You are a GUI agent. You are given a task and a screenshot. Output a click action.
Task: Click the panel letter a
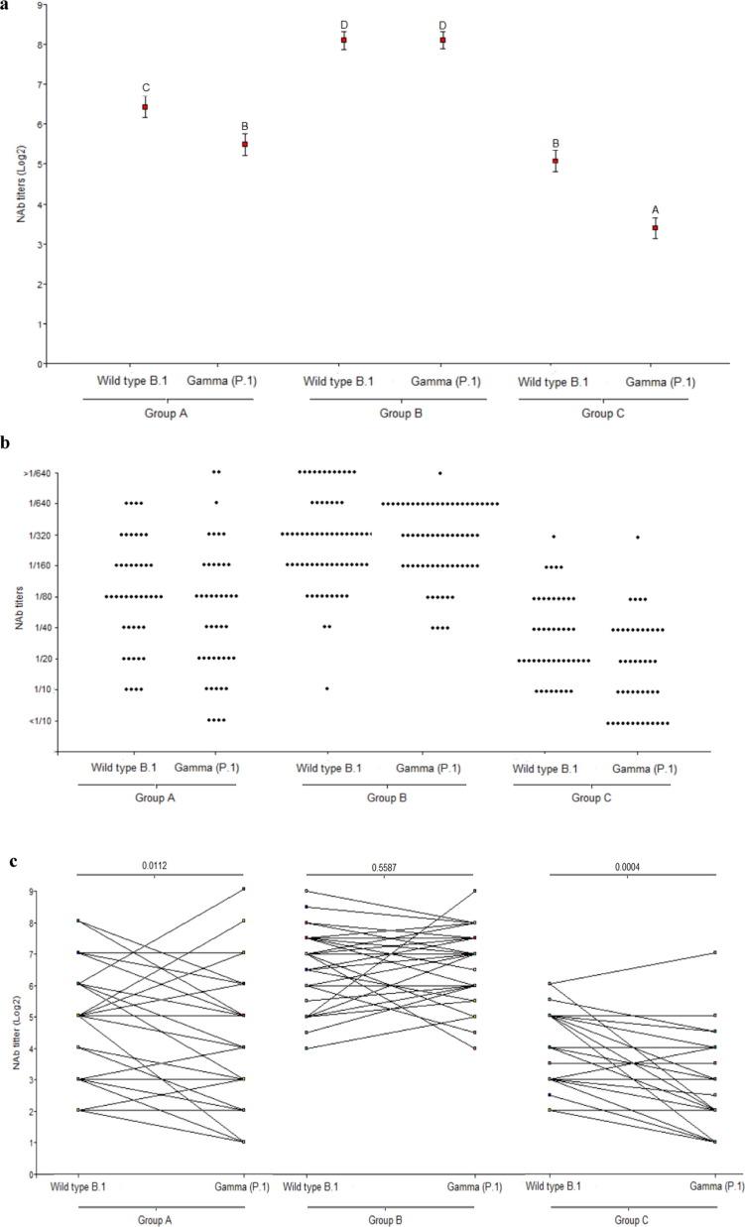click(x=6, y=5)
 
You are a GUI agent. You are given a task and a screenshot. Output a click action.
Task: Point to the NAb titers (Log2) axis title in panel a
click(x=19, y=184)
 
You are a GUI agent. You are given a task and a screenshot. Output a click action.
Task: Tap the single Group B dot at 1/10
click(x=326, y=688)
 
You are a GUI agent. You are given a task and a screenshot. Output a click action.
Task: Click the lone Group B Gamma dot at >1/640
click(x=439, y=472)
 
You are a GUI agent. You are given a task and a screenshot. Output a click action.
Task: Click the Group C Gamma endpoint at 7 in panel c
click(x=714, y=953)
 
